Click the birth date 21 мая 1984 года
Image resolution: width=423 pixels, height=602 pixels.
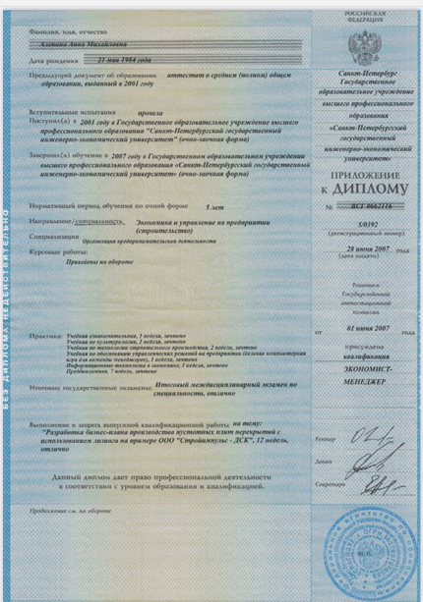coord(157,61)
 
